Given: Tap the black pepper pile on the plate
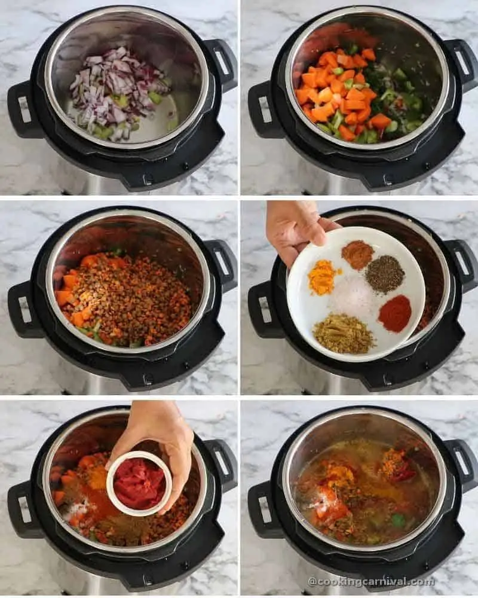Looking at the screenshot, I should coord(385,274).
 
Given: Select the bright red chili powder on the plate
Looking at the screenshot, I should coord(395,314).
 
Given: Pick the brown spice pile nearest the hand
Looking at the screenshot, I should coord(357,255).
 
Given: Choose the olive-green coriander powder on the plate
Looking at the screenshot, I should coord(344,334).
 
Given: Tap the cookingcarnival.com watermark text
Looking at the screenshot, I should coord(371,581).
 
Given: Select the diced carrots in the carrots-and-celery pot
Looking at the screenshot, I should coord(338,96).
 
